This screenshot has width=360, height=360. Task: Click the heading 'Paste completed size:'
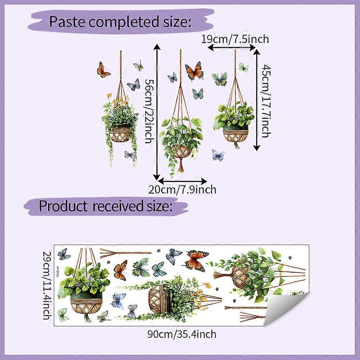coord(120,22)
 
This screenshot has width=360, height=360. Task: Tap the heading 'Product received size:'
coord(105,206)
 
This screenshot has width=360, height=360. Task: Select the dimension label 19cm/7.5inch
coord(235,39)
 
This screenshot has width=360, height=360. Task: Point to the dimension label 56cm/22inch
coord(149,111)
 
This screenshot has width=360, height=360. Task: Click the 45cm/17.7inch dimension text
coord(266,101)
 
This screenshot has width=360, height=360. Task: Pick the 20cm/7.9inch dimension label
coord(182,189)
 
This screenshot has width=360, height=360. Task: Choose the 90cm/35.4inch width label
coord(182,334)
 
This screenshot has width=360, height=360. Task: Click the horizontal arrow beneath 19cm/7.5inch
coord(231,47)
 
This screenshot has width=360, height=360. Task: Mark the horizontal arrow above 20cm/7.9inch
coord(183,180)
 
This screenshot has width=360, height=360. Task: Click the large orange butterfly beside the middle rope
coord(194,71)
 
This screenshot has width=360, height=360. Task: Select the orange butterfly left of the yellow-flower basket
coord(103,70)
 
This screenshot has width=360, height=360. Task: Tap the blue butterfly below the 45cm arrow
coord(218,155)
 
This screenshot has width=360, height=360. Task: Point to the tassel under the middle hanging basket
coord(181,165)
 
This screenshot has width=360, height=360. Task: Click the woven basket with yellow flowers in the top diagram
coord(120,134)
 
